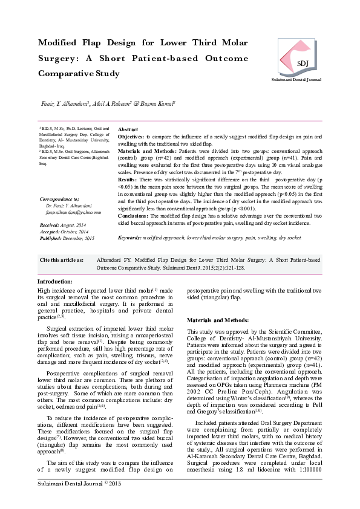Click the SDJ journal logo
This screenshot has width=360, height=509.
coord(301,57)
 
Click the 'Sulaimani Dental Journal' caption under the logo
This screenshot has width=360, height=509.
coord(301,80)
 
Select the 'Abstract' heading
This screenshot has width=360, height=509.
coord(128,130)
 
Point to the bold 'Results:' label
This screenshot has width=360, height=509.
coord(127,180)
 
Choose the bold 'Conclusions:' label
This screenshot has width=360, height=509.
coord(133,215)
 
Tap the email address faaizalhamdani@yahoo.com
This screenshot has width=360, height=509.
coord(59,212)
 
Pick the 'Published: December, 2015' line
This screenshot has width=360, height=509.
coord(67,238)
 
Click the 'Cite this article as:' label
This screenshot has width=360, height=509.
coord(62,259)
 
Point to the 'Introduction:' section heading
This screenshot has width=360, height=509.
coord(55,282)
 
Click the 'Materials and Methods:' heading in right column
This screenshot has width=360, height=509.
coord(214,319)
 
